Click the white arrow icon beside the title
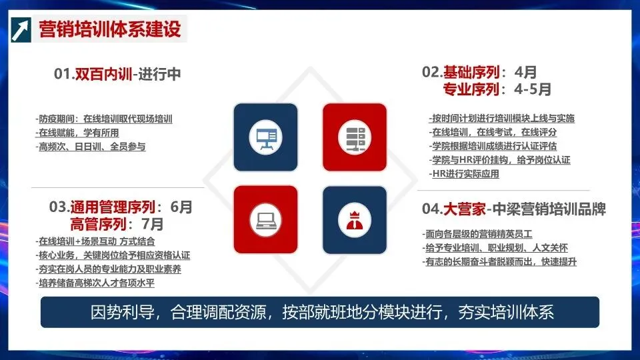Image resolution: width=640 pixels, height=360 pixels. tap(20, 30)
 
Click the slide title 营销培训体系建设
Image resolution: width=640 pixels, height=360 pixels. tap(110, 30)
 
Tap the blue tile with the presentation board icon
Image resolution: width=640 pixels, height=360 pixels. tap(265, 135)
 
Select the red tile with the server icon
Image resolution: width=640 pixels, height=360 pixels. tap(354, 135)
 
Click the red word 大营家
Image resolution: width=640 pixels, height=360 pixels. tap(463, 209)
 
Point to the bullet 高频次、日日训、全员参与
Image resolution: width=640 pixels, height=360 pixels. tap(91, 147)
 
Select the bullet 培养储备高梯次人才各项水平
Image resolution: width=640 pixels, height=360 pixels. tap(97, 283)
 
